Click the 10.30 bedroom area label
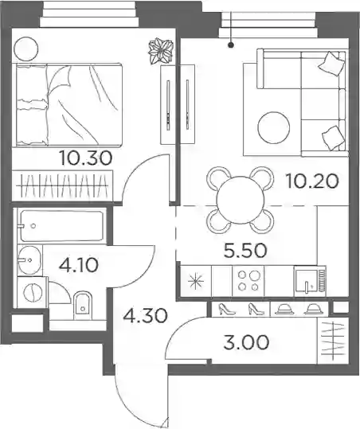point(86,158)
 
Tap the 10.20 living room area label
point(312,181)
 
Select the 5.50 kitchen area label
point(245,251)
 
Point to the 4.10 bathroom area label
point(79,265)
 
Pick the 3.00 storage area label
point(246,343)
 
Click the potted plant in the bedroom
point(161,51)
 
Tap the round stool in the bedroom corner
point(26,49)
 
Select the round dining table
point(240,201)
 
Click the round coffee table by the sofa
point(274,127)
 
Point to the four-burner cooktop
point(248,281)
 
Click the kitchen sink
point(310,281)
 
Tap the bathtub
point(62,226)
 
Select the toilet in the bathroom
point(83,306)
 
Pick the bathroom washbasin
point(29,260)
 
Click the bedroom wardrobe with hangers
point(62,186)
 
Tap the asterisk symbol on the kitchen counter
point(196,282)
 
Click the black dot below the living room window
point(231,45)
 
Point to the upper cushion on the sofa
point(333,64)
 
